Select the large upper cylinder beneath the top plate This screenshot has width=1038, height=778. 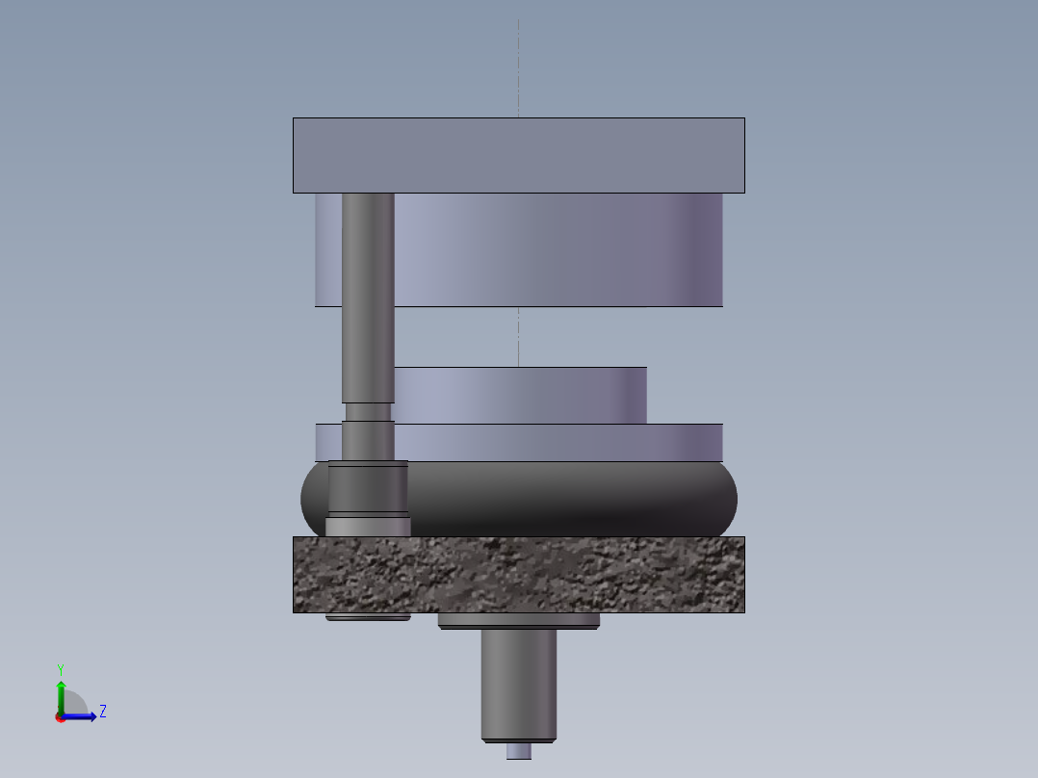(558, 250)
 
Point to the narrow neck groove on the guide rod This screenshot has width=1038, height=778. (368, 412)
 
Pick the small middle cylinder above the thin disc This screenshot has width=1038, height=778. (520, 396)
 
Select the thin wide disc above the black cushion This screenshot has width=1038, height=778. (558, 442)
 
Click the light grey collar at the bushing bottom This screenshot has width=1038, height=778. (368, 527)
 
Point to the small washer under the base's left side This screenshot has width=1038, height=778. (368, 617)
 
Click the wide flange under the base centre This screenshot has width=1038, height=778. (518, 621)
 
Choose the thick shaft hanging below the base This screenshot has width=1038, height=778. (518, 684)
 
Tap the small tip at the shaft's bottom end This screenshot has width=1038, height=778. (518, 751)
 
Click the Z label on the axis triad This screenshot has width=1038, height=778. (102, 712)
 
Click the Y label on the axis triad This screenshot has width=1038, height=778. (61, 669)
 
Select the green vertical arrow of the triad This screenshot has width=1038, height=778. (61, 695)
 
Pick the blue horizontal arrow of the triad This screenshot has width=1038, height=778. (82, 716)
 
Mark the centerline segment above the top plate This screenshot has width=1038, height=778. (518, 67)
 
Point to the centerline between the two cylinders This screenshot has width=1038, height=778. (518, 337)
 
